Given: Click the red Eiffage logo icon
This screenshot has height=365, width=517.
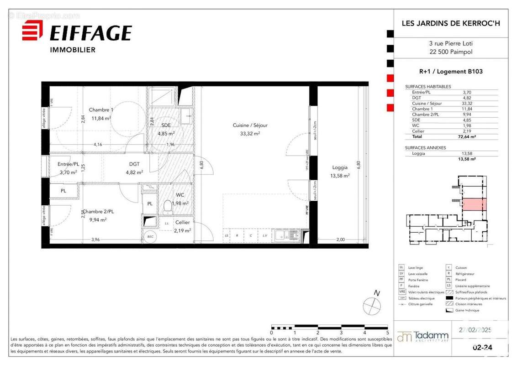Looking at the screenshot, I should (32, 31).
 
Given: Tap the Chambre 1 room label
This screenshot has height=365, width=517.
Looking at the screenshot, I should (101, 110).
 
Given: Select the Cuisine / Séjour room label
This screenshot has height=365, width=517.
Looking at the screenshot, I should (250, 125).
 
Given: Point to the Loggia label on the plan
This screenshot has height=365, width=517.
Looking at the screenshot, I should (340, 167).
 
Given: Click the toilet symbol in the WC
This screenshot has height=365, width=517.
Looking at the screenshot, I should (168, 207).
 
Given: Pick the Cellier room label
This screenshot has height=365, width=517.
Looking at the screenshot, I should (182, 223).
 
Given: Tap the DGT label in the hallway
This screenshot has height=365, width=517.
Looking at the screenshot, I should (134, 164).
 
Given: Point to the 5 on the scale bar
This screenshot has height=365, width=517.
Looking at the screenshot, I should (387, 333).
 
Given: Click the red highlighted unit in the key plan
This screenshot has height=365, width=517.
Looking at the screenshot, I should (475, 204).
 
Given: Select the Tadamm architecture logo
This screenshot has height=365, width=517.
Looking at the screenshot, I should (423, 337).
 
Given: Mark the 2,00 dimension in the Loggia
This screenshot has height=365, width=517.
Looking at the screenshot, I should (341, 240).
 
